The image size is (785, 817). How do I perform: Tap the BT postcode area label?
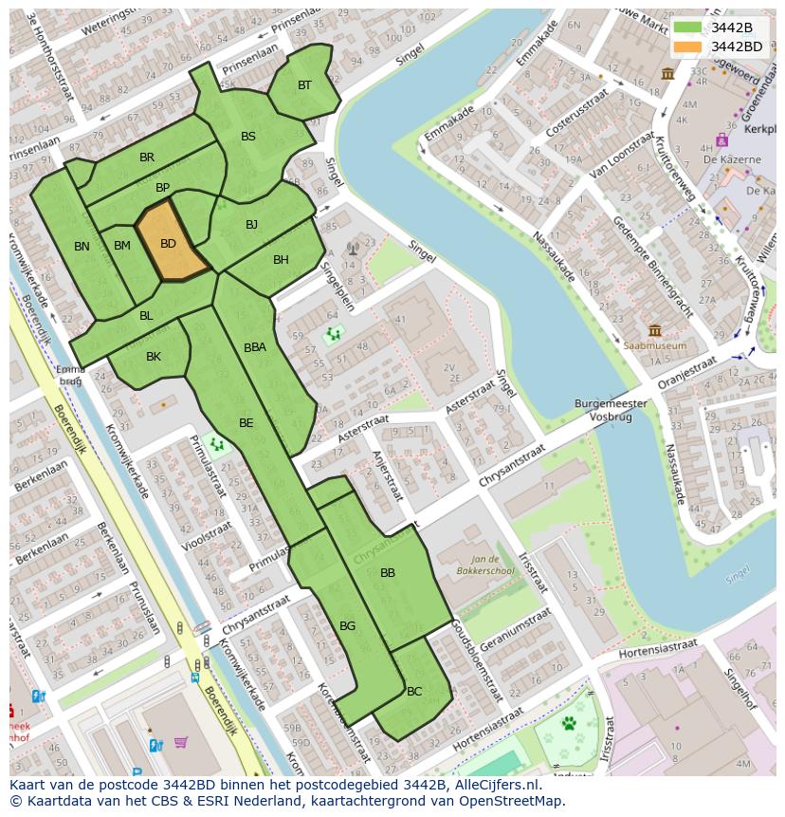pos(304,85)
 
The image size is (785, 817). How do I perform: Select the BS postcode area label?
pos(248,137)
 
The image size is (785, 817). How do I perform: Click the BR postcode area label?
pos(147,158)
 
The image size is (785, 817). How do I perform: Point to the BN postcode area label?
pos(82,247)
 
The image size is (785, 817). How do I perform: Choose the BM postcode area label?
pos(122,246)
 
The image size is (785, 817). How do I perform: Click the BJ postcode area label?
pos(251,225)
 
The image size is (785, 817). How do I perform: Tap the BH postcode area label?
pos(281,260)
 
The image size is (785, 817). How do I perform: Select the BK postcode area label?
pos(154,357)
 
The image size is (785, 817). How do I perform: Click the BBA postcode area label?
pos(255,348)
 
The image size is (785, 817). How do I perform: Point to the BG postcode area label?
pos(347,626)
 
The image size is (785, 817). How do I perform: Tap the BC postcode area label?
pos(414,692)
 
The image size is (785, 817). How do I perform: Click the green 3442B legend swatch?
pos(688,28)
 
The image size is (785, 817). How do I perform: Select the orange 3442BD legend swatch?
pos(688,46)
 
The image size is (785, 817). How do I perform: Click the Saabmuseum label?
pos(654,346)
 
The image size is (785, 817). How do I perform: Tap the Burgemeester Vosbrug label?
pos(611,410)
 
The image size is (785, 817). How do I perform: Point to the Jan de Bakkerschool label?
pos(490,566)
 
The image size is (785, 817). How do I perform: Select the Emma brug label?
pos(71,374)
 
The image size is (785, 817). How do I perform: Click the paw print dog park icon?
pos(569,724)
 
